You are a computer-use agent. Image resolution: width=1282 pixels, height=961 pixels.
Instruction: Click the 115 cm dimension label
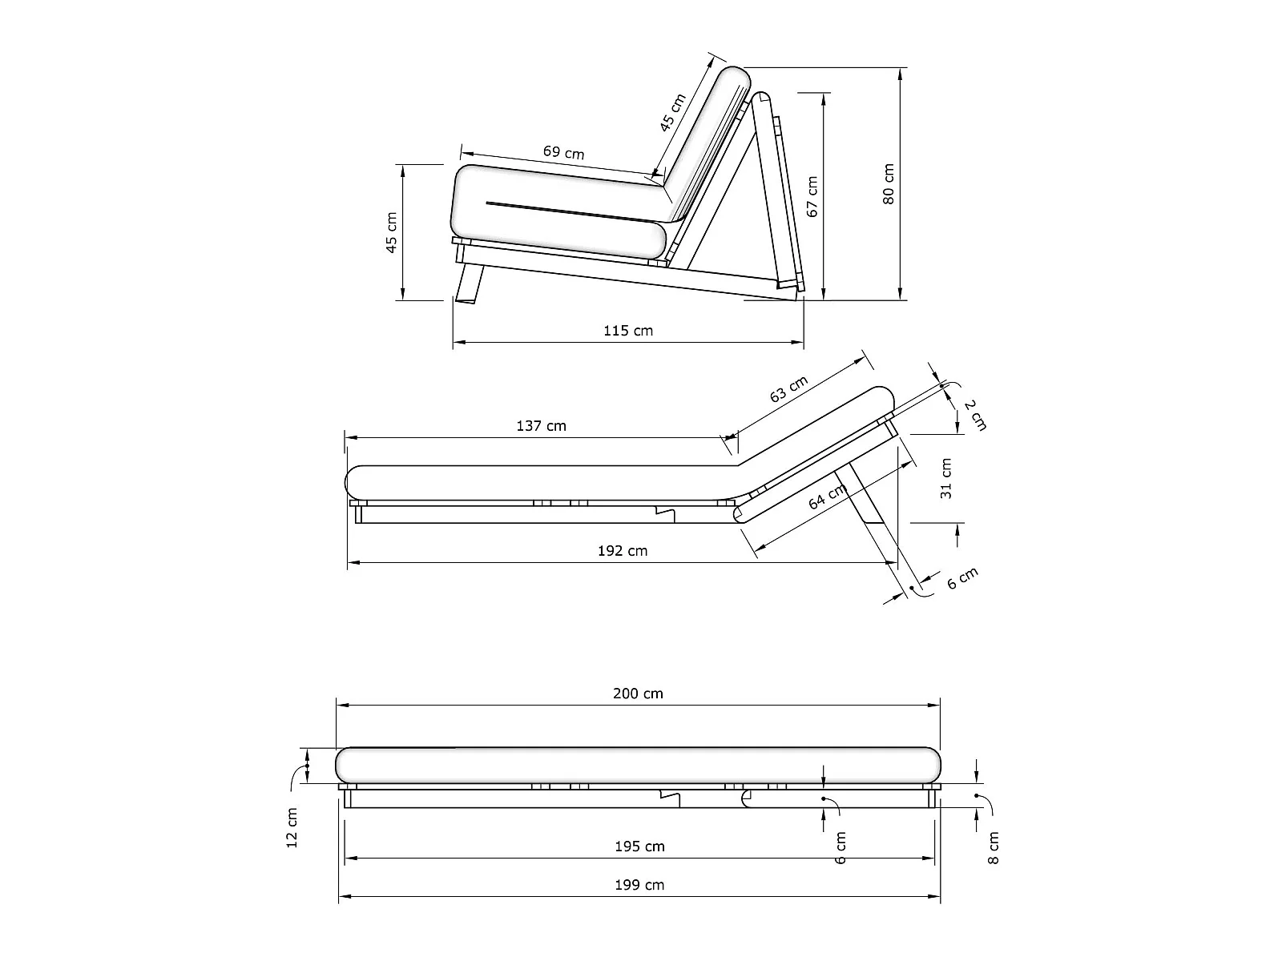coord(628,331)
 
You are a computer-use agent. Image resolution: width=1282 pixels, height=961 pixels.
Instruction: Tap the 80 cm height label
coord(888,184)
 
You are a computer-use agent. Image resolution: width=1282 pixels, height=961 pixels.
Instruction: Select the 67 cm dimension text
coord(812,197)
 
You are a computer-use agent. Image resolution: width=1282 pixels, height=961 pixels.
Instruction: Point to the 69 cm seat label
coord(563,152)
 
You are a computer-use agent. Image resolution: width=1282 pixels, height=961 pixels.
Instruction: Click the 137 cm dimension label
coord(541,426)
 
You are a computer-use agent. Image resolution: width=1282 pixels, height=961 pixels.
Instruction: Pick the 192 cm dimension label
coord(623,551)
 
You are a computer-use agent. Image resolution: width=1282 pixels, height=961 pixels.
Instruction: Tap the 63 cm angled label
coord(788,388)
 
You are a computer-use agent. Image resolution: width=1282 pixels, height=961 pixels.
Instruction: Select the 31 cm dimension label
coord(946,478)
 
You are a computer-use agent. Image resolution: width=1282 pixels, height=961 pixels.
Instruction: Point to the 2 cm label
coord(975,415)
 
